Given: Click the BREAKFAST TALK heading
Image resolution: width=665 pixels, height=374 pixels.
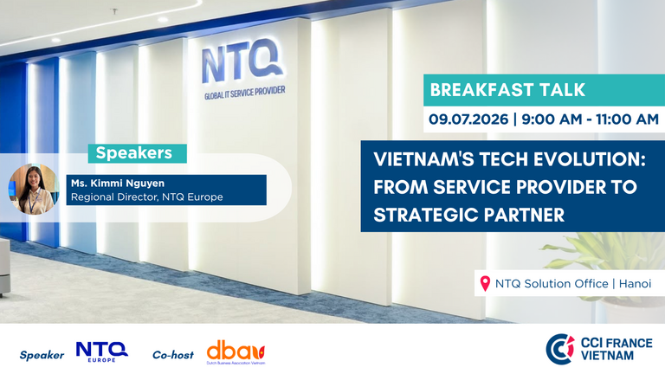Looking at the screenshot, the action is tap(507, 90).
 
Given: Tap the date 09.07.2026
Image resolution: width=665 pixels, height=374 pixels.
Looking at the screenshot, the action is tap(468, 119).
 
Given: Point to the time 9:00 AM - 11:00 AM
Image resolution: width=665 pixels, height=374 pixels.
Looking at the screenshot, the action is tap(590, 119).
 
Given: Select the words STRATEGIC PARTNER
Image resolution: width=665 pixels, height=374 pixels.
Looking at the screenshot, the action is tap(469, 215).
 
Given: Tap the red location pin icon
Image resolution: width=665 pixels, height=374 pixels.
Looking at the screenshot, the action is tap(485, 283).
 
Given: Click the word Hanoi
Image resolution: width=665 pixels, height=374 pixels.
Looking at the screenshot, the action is tap(635, 283).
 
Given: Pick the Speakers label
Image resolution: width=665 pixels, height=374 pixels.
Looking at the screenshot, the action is tap(134, 152).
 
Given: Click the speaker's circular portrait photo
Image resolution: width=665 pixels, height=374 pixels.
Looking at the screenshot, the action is tap(34, 189).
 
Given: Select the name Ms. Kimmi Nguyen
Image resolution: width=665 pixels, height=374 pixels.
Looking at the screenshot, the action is tap(118, 184).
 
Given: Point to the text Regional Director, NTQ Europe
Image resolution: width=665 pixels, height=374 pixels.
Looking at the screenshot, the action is tap(146, 197).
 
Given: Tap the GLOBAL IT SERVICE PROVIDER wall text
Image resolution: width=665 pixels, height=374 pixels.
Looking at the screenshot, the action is tap(245, 93).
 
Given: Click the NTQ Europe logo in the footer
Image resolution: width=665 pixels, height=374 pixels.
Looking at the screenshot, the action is tap(102, 352).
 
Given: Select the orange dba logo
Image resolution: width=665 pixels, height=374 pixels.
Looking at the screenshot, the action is tap(236, 352).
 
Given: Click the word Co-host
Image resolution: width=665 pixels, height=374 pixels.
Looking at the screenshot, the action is tap(173, 355).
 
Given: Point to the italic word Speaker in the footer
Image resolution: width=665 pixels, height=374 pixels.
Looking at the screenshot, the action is tap(42, 355).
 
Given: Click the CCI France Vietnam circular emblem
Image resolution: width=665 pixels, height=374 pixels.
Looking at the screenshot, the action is tap(560, 349).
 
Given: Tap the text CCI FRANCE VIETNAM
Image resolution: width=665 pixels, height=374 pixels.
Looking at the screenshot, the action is tap(617, 349).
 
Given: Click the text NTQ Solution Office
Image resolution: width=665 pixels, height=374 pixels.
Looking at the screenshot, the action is tap(552, 283).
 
